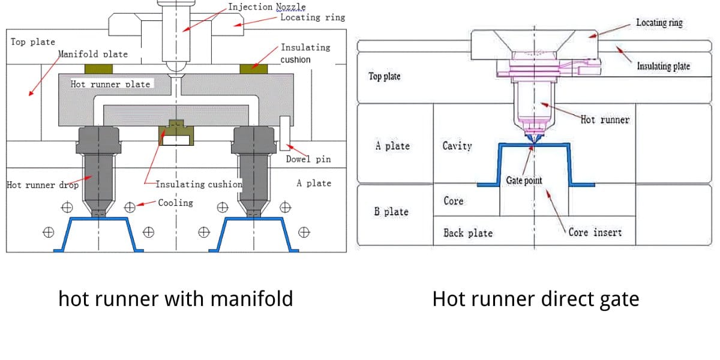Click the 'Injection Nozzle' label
click(x=266, y=7)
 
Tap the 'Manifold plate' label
click(x=93, y=54)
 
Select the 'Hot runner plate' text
click(x=110, y=84)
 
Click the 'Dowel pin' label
click(x=308, y=160)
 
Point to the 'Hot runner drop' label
click(x=43, y=185)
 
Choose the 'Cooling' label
click(x=175, y=203)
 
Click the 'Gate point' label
click(x=524, y=181)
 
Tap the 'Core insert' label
click(x=595, y=232)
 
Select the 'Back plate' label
click(x=468, y=233)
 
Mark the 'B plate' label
click(x=391, y=212)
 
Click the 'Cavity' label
click(x=457, y=146)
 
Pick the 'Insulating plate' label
click(x=663, y=66)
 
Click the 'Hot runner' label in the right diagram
click(x=605, y=120)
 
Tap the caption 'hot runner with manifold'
click(x=175, y=298)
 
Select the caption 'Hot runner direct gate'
click(x=535, y=298)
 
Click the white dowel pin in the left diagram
click(x=284, y=133)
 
